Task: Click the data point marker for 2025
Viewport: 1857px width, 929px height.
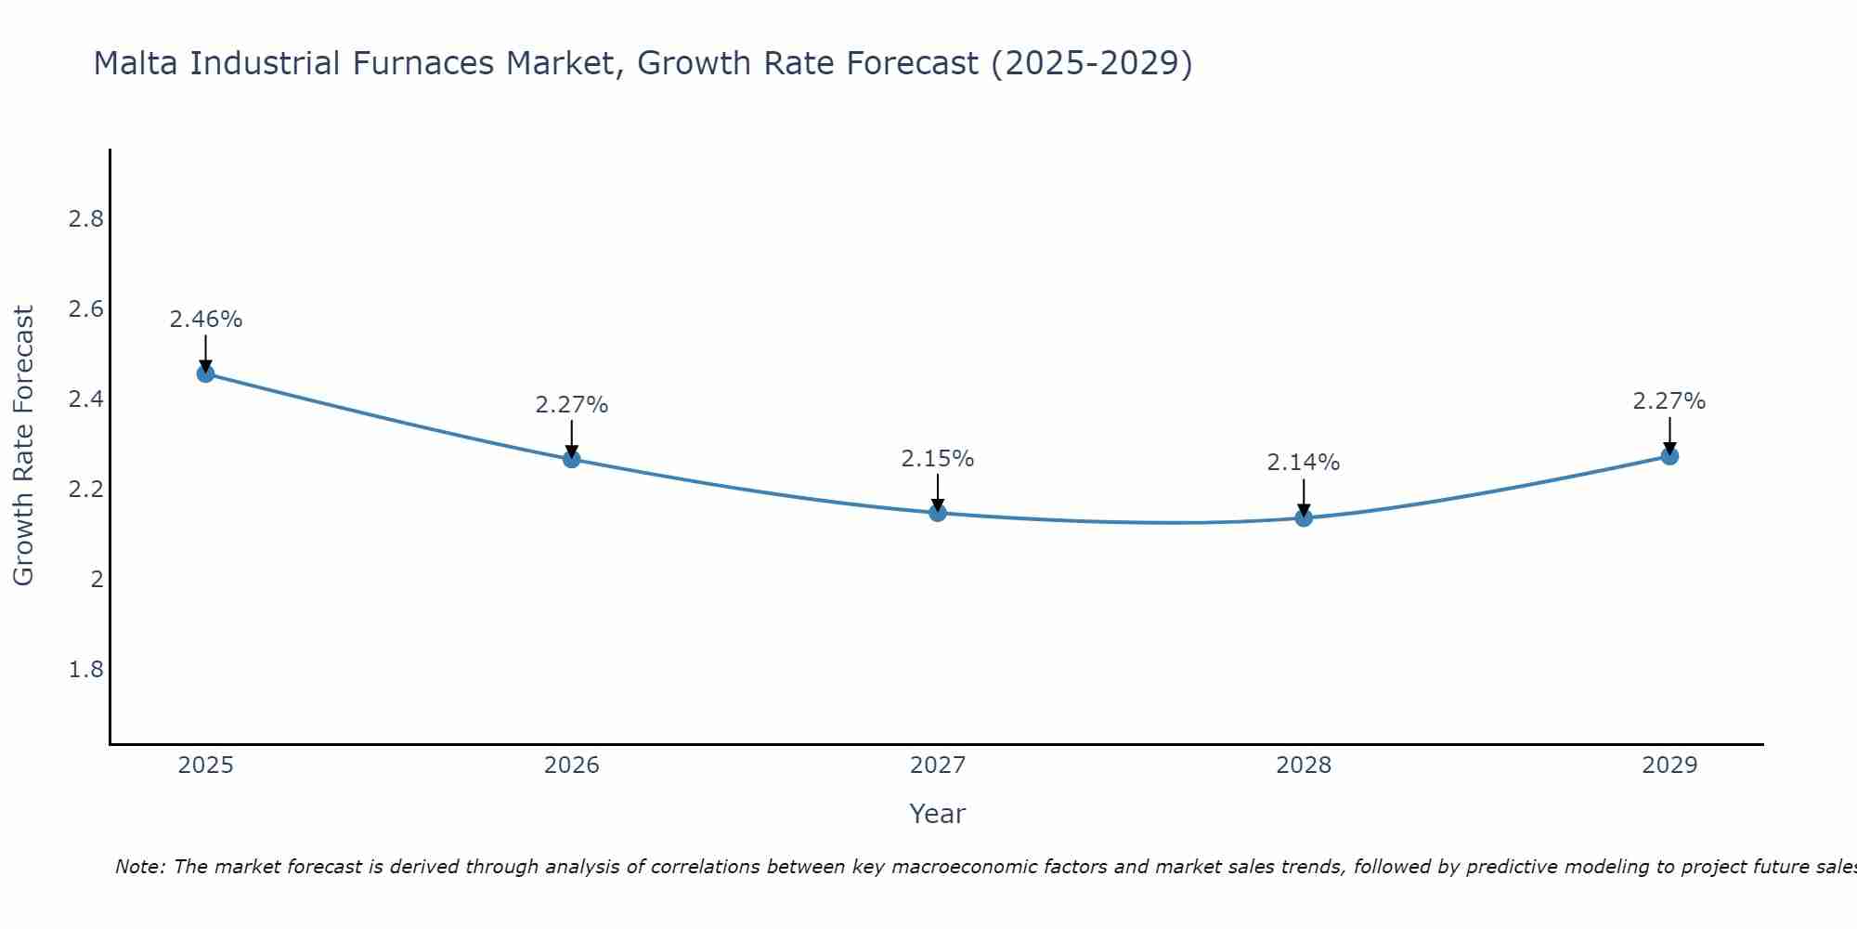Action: tap(205, 373)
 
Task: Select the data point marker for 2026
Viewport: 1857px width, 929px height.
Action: tap(571, 459)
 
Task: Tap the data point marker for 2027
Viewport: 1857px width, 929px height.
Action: tap(938, 513)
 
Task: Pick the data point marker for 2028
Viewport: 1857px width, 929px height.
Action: tap(1304, 517)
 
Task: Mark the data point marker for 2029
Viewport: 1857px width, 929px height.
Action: tap(1669, 456)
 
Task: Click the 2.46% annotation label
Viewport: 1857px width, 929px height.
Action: tap(205, 320)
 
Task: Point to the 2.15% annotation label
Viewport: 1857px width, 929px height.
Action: tap(938, 459)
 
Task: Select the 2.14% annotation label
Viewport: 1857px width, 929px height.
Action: tap(1304, 463)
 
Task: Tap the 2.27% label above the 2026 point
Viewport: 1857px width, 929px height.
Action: tap(571, 405)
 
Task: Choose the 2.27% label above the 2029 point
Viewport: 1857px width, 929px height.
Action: tap(1669, 401)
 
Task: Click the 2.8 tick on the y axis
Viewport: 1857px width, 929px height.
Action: tap(85, 219)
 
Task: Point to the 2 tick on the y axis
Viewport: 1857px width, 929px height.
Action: tap(97, 580)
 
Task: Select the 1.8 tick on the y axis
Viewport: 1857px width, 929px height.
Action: tap(85, 670)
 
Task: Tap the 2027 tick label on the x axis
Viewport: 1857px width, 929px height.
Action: tap(938, 765)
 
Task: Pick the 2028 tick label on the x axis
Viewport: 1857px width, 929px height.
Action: tap(1304, 765)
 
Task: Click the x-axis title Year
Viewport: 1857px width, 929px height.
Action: tap(938, 814)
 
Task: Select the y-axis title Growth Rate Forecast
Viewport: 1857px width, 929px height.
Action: tap(23, 446)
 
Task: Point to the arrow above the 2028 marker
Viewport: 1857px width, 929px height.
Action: tap(1304, 497)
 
